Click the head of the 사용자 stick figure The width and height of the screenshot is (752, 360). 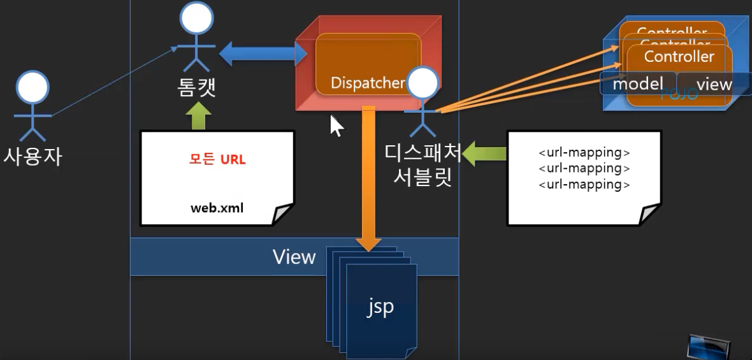[33, 87]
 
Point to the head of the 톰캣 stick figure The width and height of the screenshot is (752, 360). [196, 20]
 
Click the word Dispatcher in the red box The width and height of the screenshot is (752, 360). [368, 83]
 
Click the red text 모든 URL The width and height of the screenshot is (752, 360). [217, 159]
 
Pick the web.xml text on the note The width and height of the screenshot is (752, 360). [217, 208]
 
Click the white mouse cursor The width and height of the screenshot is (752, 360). [336, 126]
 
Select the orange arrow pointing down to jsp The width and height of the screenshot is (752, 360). [368, 178]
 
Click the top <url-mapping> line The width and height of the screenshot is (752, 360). [584, 153]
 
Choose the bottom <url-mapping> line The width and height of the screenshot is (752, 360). [584, 185]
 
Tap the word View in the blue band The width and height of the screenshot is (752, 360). [294, 257]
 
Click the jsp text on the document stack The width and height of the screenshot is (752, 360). [380, 307]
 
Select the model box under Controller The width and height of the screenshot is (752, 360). [637, 83]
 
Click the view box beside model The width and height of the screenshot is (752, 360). [714, 84]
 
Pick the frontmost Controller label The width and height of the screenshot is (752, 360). [679, 57]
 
